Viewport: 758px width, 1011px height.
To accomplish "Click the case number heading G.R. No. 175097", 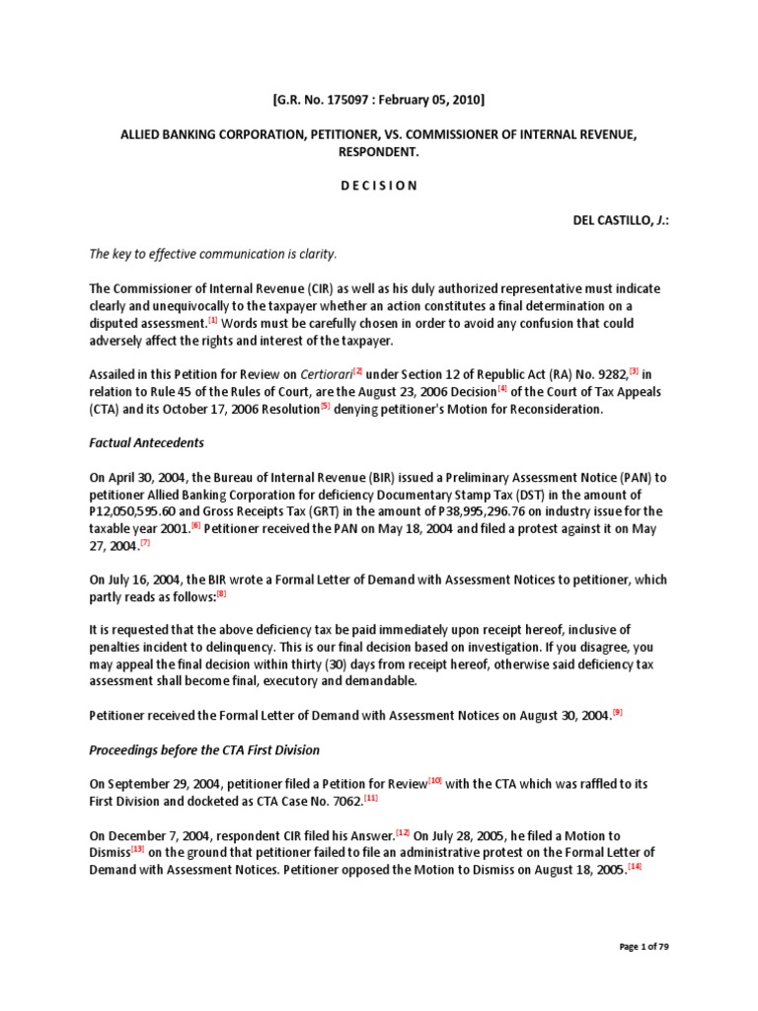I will (x=378, y=100).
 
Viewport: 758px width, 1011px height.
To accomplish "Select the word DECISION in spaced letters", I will (x=378, y=185).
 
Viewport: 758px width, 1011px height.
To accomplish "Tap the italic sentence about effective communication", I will (x=213, y=254).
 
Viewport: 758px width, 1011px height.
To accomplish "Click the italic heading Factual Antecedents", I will (x=146, y=443).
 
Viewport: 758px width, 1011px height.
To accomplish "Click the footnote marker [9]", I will (x=618, y=711).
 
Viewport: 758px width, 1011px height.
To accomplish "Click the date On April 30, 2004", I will (x=139, y=478).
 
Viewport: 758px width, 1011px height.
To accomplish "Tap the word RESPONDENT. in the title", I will (x=378, y=151).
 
